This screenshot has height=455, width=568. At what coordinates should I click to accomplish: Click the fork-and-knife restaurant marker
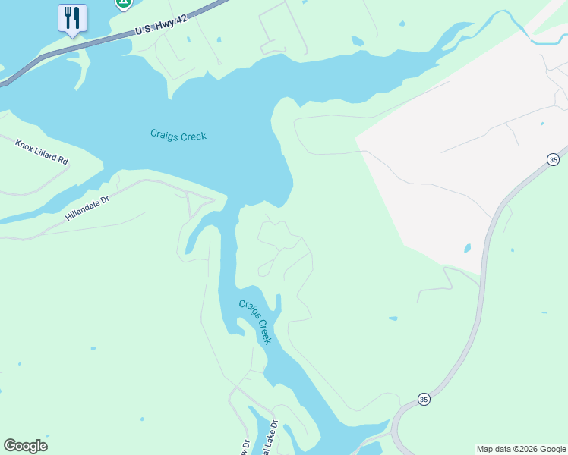pyautogui.click(x=72, y=17)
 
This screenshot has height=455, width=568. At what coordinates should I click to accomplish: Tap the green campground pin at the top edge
pyautogui.click(x=123, y=3)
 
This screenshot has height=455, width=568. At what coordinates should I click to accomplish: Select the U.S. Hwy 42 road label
pyautogui.click(x=161, y=25)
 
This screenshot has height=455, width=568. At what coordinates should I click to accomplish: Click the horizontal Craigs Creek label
pyautogui.click(x=178, y=136)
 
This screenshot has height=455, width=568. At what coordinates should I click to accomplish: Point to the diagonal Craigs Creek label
pyautogui.click(x=255, y=322)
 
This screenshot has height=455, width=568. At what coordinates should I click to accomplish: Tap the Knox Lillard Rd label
pyautogui.click(x=42, y=152)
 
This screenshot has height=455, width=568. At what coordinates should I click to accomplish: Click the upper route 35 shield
pyautogui.click(x=553, y=159)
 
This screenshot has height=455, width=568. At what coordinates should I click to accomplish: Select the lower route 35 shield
pyautogui.click(x=424, y=399)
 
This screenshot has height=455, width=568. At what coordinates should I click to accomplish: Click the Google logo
pyautogui.click(x=25, y=446)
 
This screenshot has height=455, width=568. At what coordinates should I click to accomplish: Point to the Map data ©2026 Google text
pyautogui.click(x=522, y=449)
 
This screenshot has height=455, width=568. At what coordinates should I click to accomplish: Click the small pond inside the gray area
pyautogui.click(x=466, y=248)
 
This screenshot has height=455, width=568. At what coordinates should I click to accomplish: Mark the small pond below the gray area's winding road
pyautogui.click(x=392, y=318)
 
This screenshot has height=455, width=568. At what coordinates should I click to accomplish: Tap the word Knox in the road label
pyautogui.click(x=25, y=144)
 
